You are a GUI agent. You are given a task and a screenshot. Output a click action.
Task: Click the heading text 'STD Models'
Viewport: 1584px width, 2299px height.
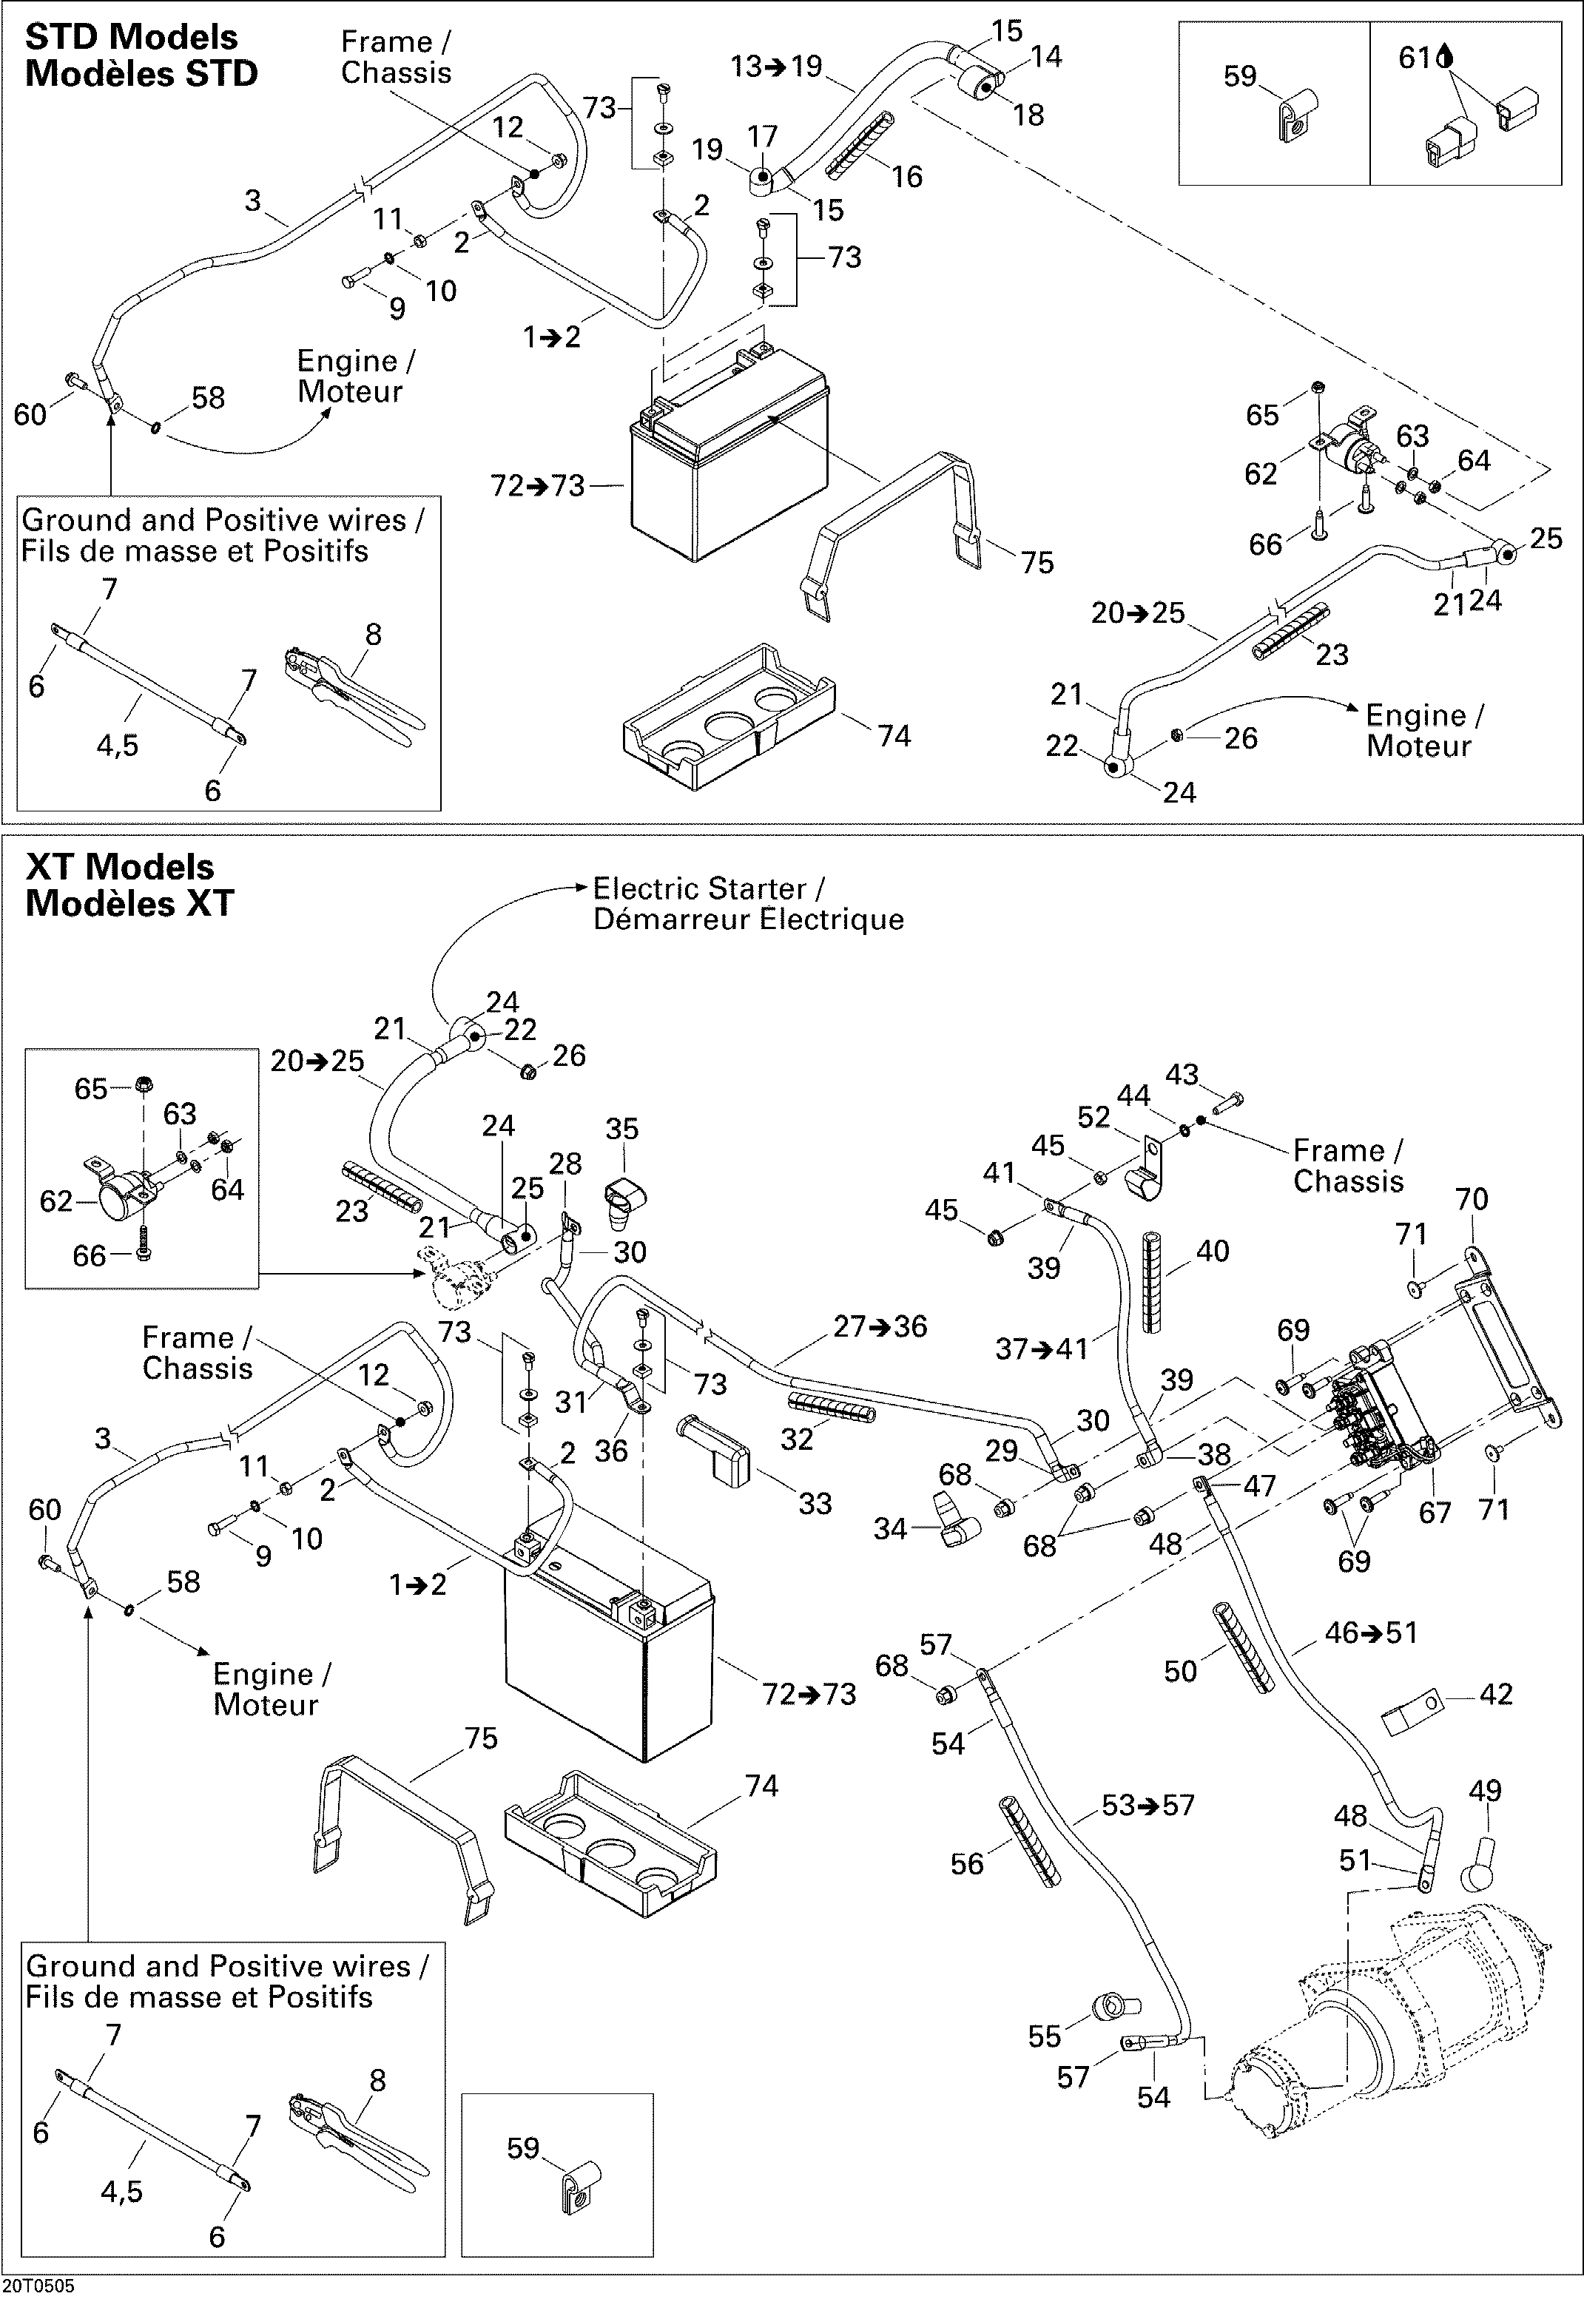131,37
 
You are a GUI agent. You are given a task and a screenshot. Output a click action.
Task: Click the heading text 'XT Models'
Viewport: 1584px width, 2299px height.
119,866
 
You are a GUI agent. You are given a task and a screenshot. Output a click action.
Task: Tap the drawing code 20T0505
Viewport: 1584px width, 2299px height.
38,2287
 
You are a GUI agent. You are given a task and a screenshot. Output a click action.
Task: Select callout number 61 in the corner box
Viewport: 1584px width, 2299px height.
1415,58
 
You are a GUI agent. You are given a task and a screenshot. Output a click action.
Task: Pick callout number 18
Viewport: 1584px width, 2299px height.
1028,115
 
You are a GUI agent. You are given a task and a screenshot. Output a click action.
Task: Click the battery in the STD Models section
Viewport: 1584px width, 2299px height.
729,462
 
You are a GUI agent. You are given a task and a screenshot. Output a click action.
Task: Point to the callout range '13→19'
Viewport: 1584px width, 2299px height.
776,67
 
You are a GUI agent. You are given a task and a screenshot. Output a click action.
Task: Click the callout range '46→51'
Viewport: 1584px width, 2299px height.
1372,1633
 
